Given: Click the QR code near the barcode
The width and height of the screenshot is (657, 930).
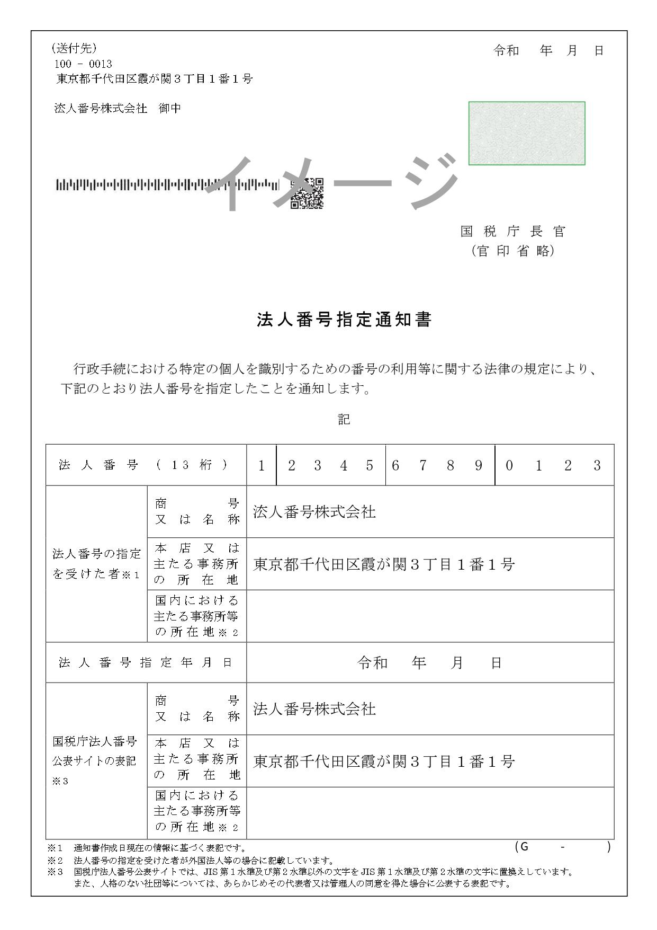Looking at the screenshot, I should (307, 193).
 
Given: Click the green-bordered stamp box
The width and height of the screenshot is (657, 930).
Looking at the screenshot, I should (526, 134).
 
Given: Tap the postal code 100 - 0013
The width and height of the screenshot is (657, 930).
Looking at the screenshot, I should (84, 64).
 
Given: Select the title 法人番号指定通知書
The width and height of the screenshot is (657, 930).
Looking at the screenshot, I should (344, 320).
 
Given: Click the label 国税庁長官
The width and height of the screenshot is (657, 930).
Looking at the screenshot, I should (512, 232).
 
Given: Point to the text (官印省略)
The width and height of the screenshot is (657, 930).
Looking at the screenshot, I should (512, 251).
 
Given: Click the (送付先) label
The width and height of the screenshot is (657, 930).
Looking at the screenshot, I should (74, 49).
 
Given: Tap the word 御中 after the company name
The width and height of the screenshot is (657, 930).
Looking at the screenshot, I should (170, 109).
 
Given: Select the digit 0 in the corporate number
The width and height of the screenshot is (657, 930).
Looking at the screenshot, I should (509, 466).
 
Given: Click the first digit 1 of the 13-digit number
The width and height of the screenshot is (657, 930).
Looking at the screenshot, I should (261, 466).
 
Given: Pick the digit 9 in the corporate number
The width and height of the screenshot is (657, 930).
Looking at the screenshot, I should (479, 466).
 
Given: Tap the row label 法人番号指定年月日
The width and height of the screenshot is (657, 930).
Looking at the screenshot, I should (145, 662).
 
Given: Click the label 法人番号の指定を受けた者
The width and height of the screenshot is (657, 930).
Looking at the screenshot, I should (96, 564).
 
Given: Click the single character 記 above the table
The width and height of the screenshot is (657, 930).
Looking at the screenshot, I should (344, 420).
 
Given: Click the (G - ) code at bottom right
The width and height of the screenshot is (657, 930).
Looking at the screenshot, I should (562, 847).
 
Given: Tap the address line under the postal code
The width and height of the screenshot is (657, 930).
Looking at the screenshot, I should (154, 79).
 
